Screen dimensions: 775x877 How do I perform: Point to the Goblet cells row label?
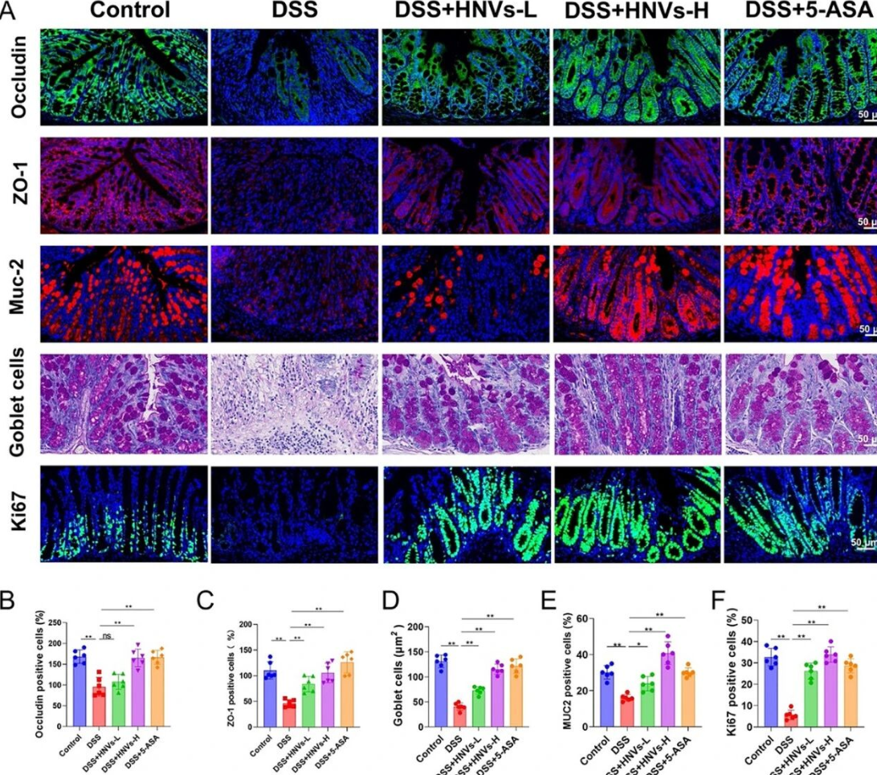pyautogui.click(x=18, y=402)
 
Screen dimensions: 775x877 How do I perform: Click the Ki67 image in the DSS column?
pyautogui.click(x=294, y=514)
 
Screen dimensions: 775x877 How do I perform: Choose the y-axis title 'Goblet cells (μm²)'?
pyautogui.click(x=398, y=673)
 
